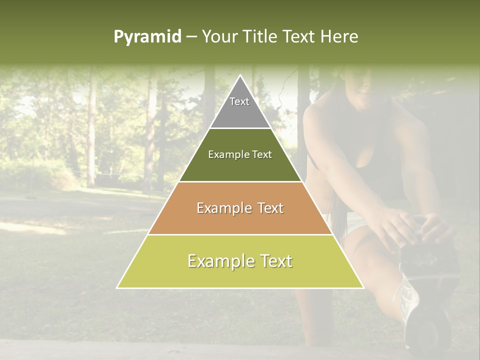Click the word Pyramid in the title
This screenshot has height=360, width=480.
click(147, 37)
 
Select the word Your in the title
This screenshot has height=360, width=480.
click(219, 36)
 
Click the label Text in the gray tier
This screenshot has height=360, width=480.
click(239, 101)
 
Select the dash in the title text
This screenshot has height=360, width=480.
click(191, 37)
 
